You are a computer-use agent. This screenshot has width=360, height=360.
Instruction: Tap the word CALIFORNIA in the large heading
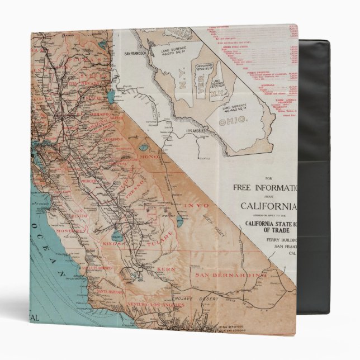tap(267, 205)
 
